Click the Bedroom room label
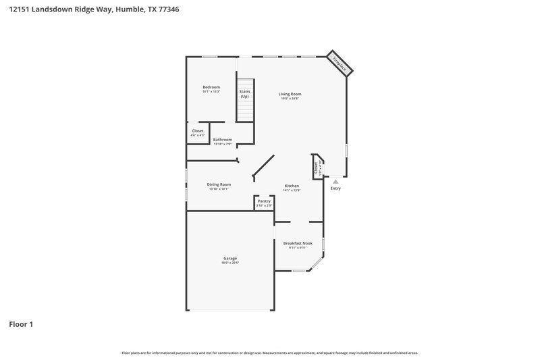[211, 86]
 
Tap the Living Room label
[290, 94]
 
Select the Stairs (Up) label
[244, 93]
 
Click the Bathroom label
[223, 140]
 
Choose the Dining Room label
[219, 184]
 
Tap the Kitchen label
[292, 186]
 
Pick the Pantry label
[264, 201]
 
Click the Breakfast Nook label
[298, 243]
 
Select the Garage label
[230, 258]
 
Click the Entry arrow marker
[335, 181]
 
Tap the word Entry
[335, 188]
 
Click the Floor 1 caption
[21, 324]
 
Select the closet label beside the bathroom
[198, 131]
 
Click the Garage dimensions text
[230, 263]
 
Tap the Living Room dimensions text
[290, 99]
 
